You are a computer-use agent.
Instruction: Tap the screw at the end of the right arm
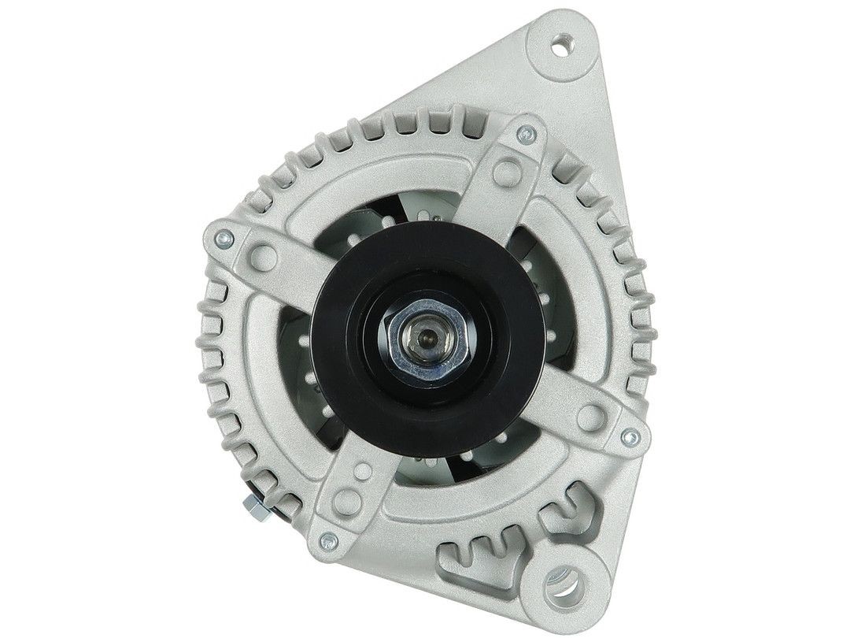(627, 435)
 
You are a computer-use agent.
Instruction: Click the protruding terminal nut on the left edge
(257, 505)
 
